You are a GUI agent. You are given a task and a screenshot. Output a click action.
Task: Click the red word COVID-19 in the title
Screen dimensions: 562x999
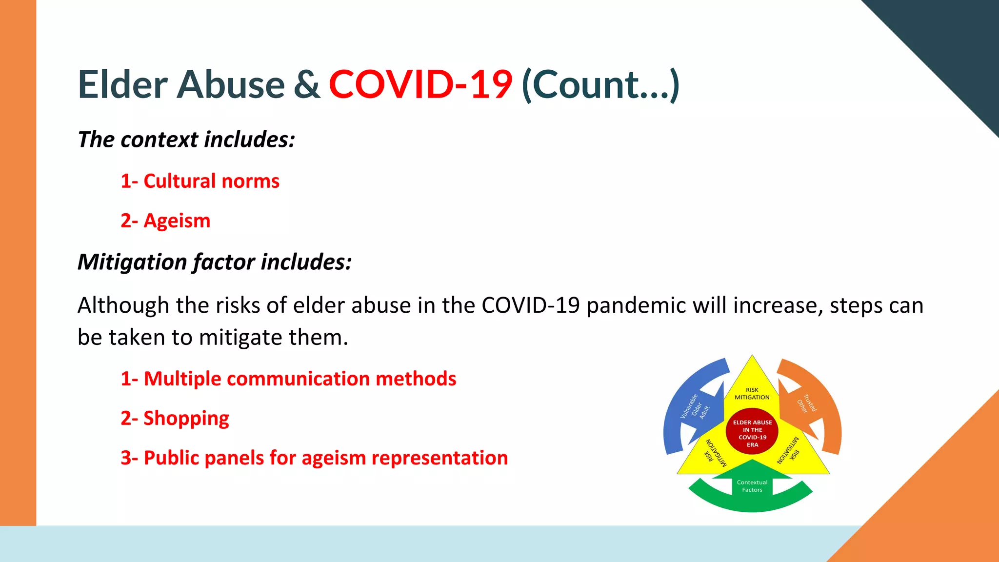(x=420, y=84)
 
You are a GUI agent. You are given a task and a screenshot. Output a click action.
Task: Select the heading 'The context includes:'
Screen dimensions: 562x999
(x=186, y=140)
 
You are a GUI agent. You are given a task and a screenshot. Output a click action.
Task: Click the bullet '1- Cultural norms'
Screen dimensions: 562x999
(x=200, y=181)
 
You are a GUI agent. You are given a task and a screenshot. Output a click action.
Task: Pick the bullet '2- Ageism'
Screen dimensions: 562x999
(x=165, y=221)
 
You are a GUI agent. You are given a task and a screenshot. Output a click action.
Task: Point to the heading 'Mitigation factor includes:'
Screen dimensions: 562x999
(x=215, y=262)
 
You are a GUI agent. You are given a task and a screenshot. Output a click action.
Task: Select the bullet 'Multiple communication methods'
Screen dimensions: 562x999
(x=288, y=379)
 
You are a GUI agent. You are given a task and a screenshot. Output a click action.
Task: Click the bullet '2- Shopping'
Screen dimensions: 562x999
(x=175, y=419)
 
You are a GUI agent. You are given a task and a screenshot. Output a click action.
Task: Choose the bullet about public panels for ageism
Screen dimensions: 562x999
(x=314, y=458)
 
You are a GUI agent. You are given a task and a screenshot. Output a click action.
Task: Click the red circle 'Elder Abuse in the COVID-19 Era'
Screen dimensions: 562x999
(x=752, y=433)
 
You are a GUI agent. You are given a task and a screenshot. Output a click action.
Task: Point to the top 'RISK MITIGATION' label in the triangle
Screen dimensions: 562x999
(x=752, y=393)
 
